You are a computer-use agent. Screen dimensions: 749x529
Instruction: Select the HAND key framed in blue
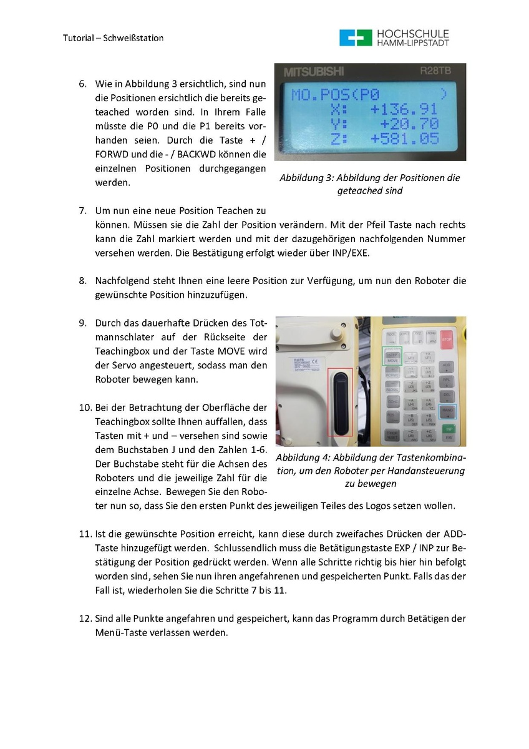447,411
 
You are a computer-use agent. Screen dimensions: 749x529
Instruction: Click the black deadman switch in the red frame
339,402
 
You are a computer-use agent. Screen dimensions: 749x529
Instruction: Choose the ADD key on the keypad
447,365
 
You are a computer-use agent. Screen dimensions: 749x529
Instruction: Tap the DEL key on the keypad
447,394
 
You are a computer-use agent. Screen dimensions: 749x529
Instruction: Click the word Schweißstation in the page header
135,38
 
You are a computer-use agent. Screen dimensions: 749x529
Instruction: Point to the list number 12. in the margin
85,619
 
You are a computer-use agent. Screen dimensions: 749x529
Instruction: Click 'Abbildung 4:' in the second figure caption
302,458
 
